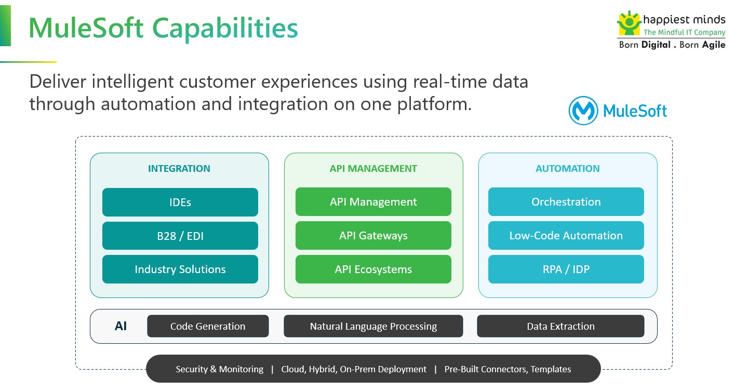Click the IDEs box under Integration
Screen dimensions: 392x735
click(x=180, y=202)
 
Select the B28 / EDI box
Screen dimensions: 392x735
click(x=180, y=236)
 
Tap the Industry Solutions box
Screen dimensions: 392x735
click(x=180, y=269)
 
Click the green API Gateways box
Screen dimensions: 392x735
click(x=373, y=236)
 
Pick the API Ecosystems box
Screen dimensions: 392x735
click(x=373, y=269)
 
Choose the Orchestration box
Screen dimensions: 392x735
click(x=566, y=202)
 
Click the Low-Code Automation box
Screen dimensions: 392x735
click(x=566, y=236)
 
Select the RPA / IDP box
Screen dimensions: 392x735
click(x=566, y=269)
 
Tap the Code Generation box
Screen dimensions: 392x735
click(x=208, y=327)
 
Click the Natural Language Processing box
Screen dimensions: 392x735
click(x=373, y=327)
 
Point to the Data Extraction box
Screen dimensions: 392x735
click(x=560, y=327)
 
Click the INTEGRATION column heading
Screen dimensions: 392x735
click(x=179, y=169)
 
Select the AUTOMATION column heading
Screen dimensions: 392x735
click(x=567, y=169)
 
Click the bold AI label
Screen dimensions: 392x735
click(x=121, y=327)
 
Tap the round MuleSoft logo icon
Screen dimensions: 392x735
click(x=583, y=111)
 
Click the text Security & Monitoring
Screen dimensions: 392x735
click(x=219, y=370)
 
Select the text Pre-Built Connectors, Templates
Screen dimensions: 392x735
click(x=507, y=370)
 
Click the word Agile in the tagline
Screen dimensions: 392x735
click(x=713, y=45)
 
